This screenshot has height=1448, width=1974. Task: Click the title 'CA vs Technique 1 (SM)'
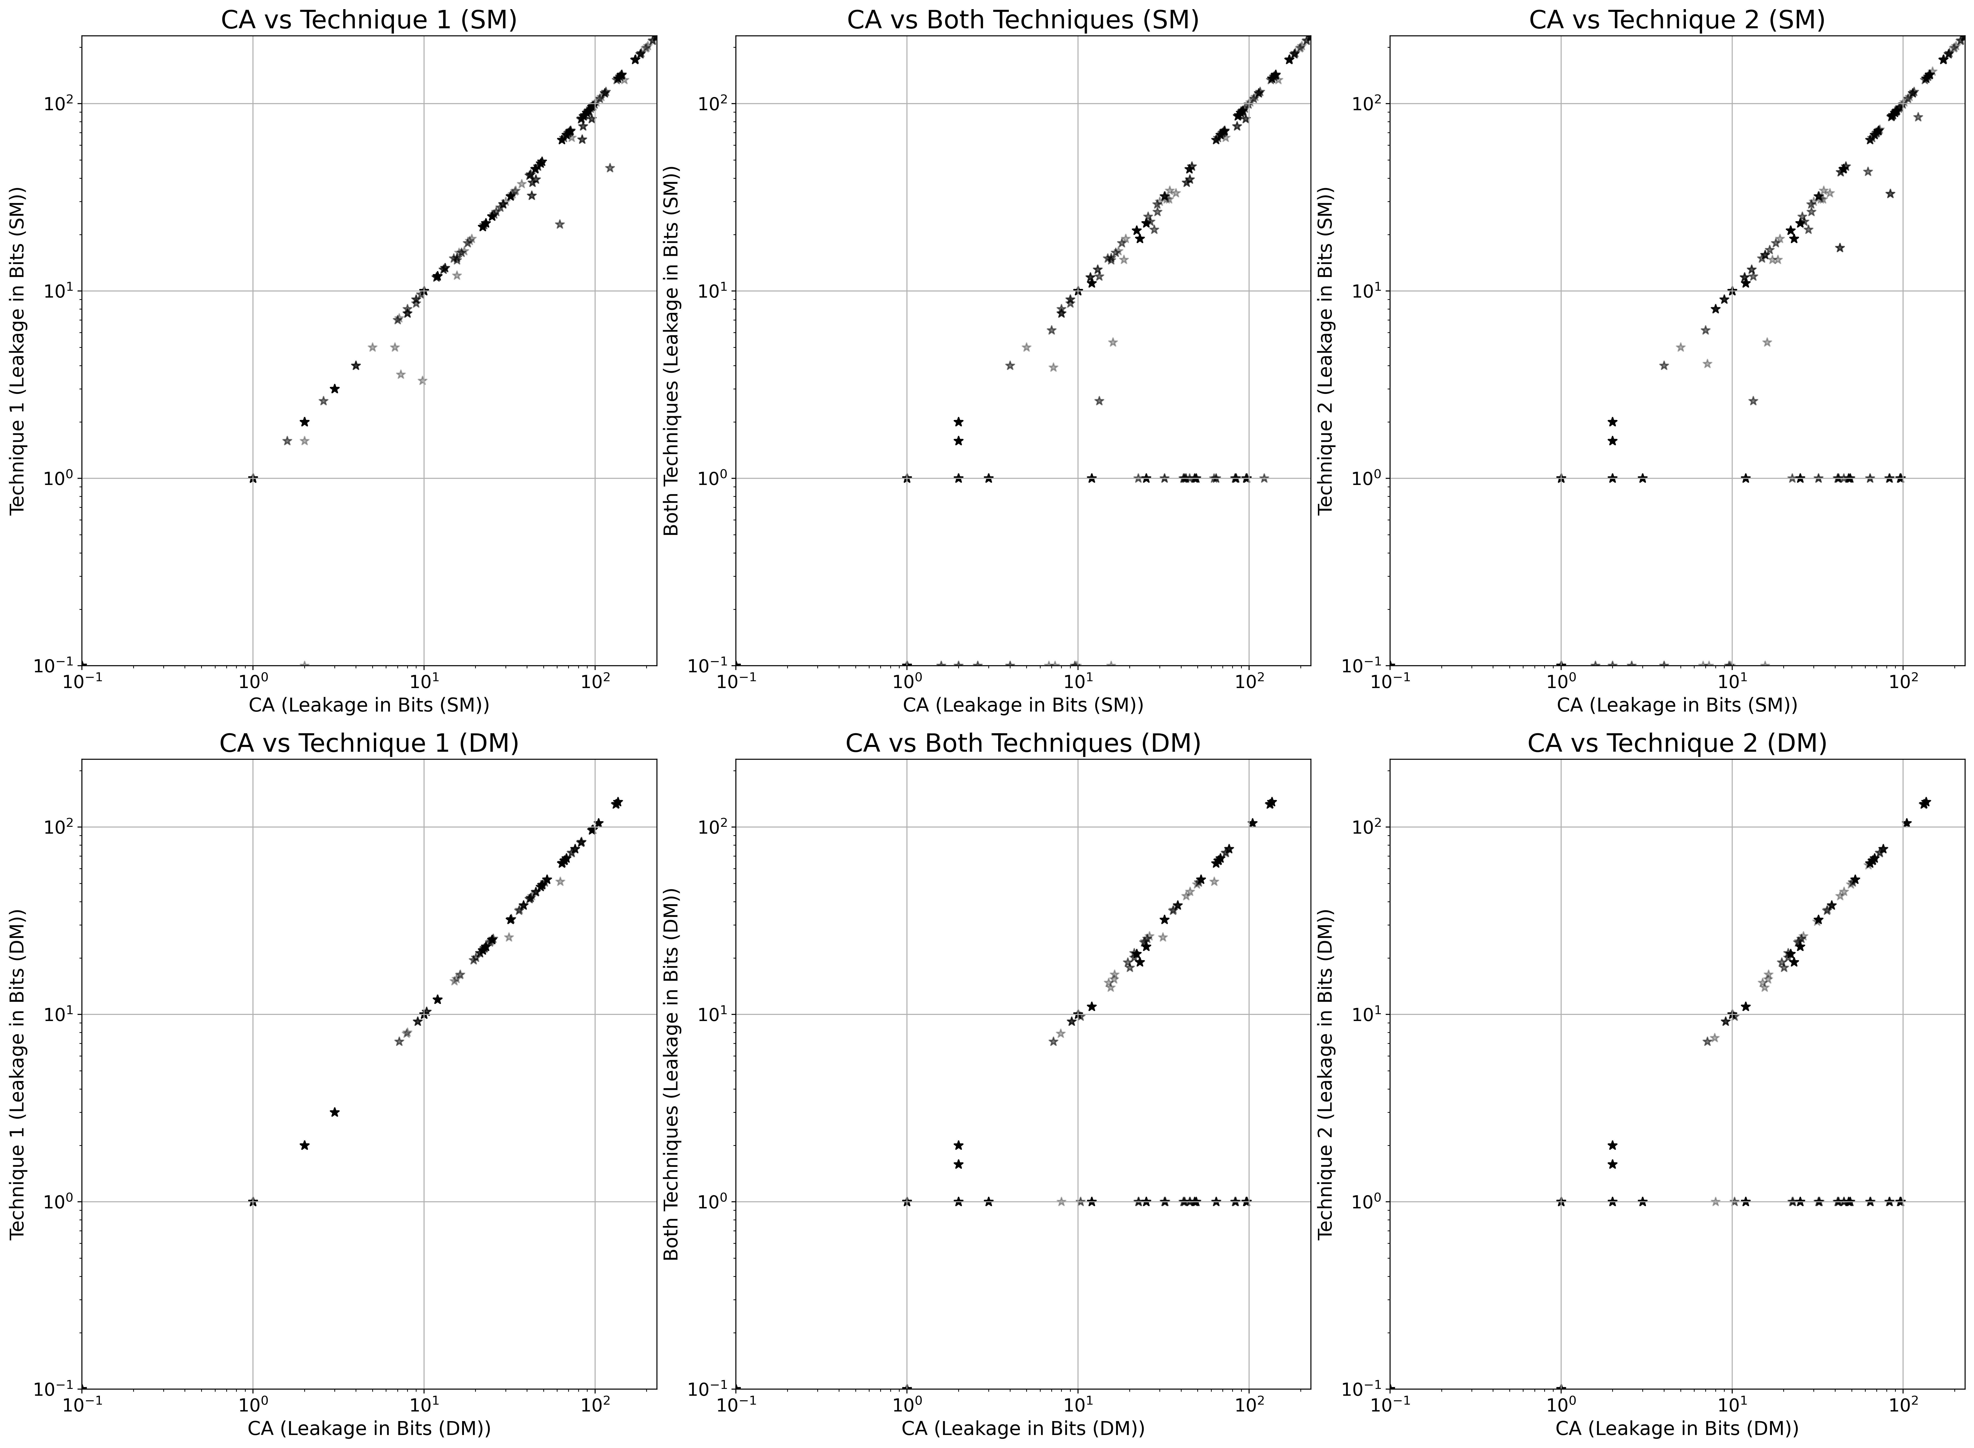(x=369, y=19)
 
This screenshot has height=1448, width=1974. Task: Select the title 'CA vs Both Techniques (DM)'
(x=1023, y=743)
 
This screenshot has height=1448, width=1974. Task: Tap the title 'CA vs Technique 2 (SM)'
(x=1676, y=19)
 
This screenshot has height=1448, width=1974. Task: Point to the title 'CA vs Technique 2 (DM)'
(x=1676, y=743)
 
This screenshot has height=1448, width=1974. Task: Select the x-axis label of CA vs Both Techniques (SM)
(x=1023, y=705)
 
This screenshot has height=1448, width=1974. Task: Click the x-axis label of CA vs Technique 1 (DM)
(x=369, y=1428)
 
